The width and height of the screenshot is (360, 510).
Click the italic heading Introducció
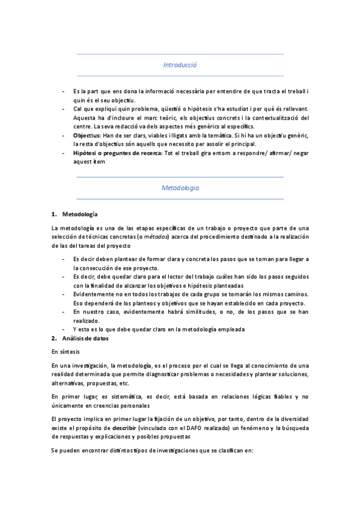[180, 65]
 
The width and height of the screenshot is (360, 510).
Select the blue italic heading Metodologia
[180, 188]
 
